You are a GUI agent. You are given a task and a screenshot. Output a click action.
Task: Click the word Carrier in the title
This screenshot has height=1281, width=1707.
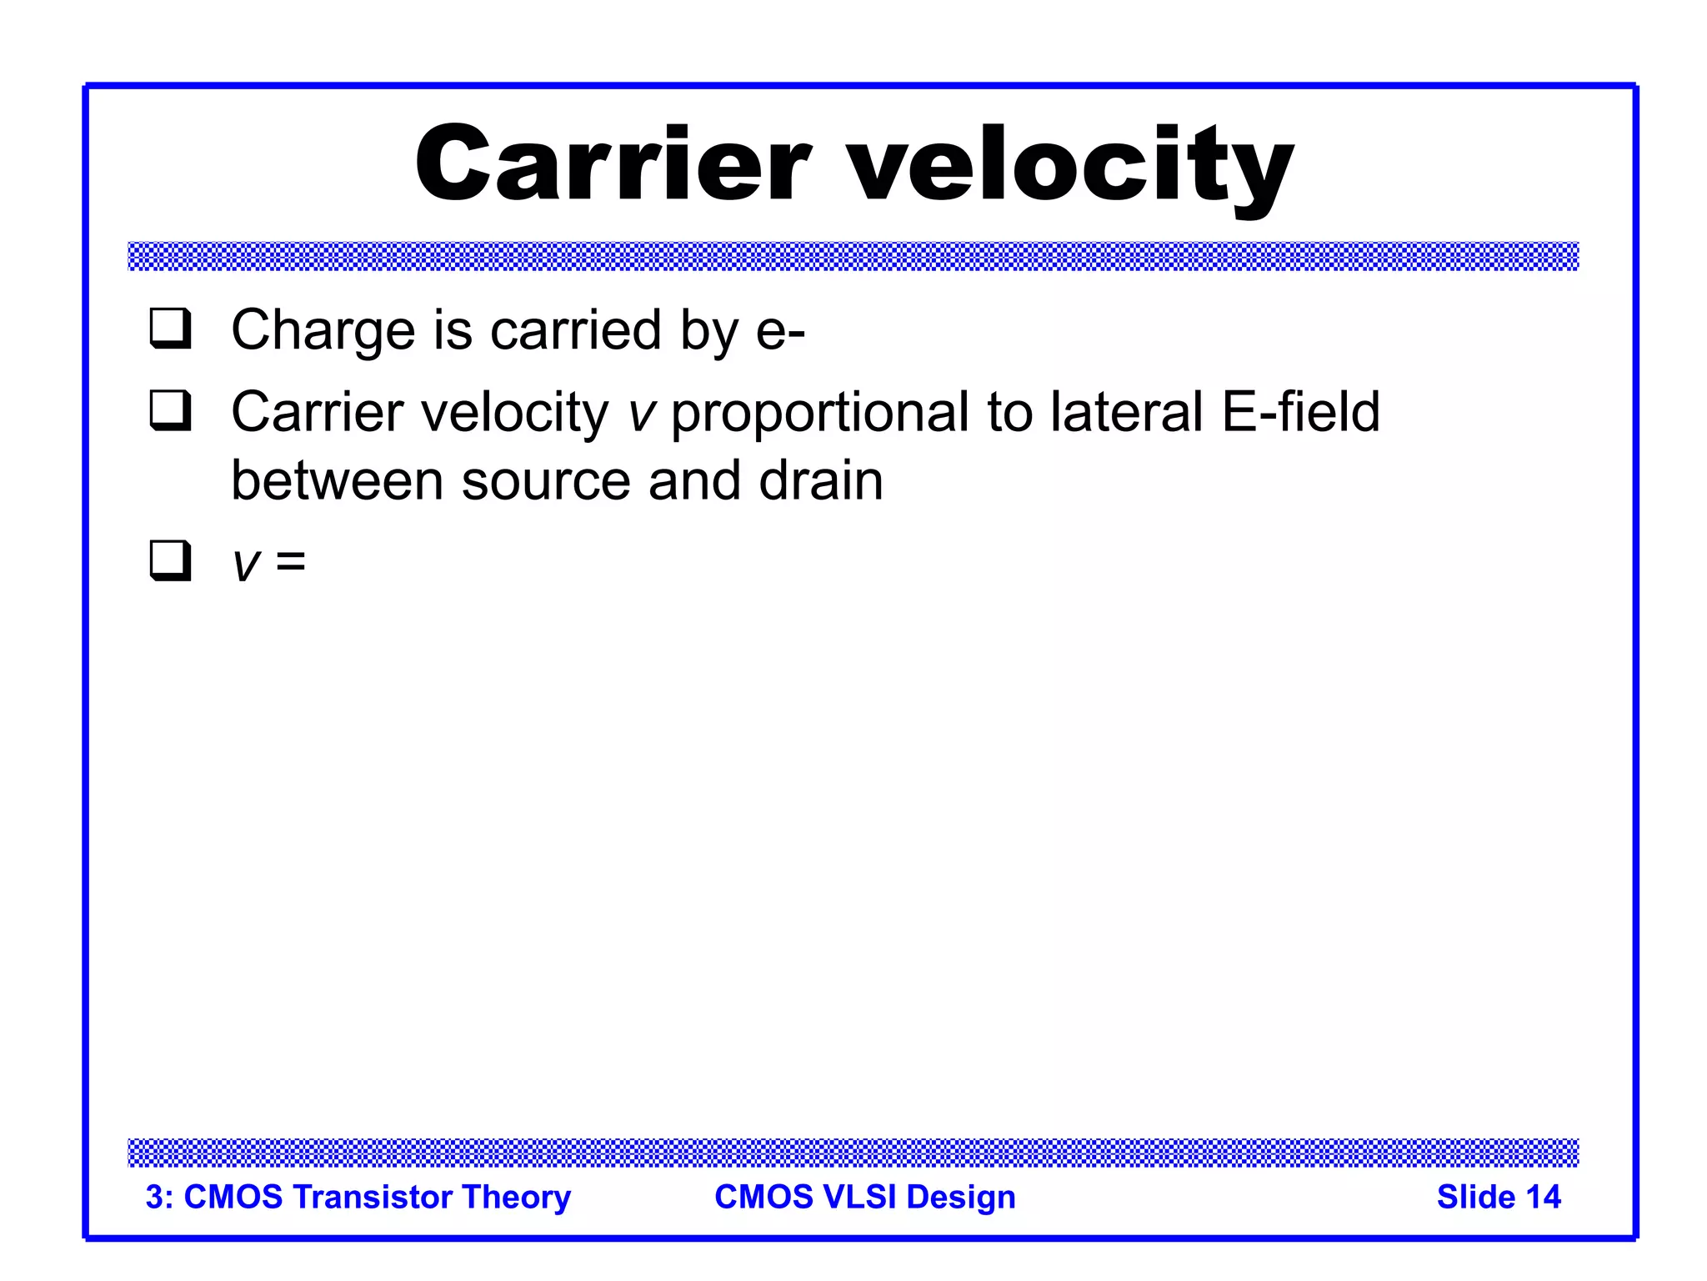[613, 164]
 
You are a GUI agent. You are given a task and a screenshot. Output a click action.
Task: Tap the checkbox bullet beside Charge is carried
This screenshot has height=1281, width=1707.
[171, 329]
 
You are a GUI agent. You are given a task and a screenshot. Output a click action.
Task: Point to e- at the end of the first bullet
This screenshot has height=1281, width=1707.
[780, 331]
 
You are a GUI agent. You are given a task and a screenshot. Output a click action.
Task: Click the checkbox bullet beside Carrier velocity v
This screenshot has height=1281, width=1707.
[171, 411]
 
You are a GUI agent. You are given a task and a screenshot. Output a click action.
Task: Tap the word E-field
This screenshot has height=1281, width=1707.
[1300, 412]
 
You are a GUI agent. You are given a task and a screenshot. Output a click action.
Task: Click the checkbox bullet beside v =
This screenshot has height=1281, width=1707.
[171, 560]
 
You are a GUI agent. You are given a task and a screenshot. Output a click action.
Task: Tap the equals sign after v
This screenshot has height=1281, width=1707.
[291, 561]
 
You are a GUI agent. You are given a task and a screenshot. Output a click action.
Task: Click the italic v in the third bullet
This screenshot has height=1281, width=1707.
[247, 565]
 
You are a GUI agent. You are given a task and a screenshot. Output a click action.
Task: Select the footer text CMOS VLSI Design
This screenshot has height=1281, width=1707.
[864, 1197]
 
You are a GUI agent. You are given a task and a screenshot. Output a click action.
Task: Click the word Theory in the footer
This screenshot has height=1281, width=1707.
[517, 1197]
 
